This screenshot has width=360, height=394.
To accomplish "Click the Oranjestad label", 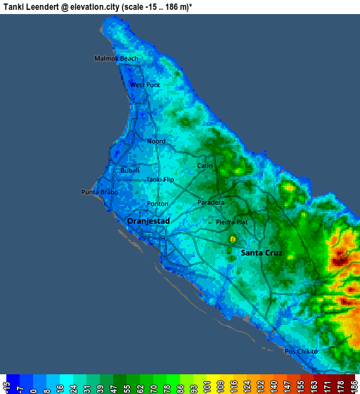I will coord(148,221).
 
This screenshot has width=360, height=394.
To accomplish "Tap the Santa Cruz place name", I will coord(262,253).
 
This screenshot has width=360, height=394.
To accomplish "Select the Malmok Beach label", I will coord(117,58).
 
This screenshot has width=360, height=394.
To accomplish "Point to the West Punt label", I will coord(145,85).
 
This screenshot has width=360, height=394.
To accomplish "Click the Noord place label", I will coord(156,141).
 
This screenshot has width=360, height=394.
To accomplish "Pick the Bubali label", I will coord(130,171).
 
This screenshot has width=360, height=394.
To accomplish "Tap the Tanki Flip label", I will coord(160,179).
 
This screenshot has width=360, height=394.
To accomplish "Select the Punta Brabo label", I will coord(99,192).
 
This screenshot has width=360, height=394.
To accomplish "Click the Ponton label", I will coord(157,204).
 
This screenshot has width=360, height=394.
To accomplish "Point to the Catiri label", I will coord(205,166).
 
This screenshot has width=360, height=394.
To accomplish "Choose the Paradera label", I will coord(211,203).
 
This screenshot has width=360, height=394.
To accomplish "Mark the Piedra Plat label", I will coord(231,222).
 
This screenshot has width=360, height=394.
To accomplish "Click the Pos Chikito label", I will coord(301,351).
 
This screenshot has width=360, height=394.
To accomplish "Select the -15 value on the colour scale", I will coord(6,386).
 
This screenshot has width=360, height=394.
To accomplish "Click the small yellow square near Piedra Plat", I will coord(232,239).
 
